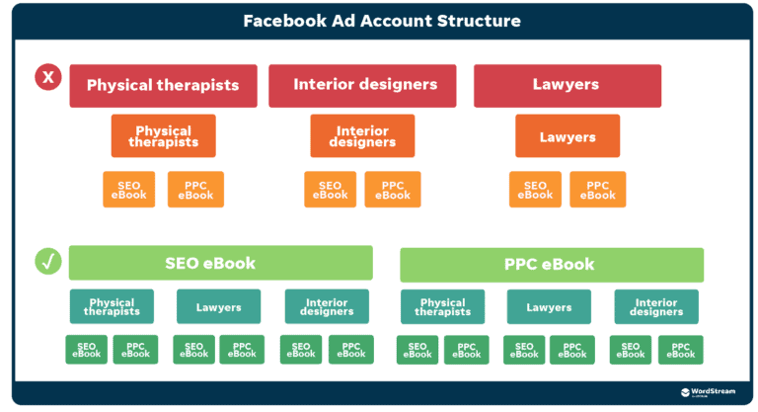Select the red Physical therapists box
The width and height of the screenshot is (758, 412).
(163, 86)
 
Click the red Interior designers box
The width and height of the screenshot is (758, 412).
(364, 85)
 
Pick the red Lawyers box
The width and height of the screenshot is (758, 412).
(566, 86)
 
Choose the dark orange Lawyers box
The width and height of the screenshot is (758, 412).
(568, 136)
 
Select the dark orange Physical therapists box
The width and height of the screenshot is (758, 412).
(163, 136)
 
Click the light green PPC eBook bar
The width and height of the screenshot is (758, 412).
(551, 265)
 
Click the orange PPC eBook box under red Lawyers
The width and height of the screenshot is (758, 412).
(597, 190)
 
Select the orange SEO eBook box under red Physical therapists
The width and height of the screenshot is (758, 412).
(129, 190)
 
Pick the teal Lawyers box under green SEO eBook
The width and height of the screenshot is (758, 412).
(218, 307)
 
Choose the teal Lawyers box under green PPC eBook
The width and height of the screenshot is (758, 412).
(549, 307)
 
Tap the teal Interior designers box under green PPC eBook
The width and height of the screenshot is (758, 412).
(656, 307)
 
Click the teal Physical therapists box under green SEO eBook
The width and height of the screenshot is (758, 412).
(112, 307)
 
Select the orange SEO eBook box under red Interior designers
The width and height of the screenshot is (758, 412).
(330, 190)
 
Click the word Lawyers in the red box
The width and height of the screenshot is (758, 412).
(566, 85)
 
